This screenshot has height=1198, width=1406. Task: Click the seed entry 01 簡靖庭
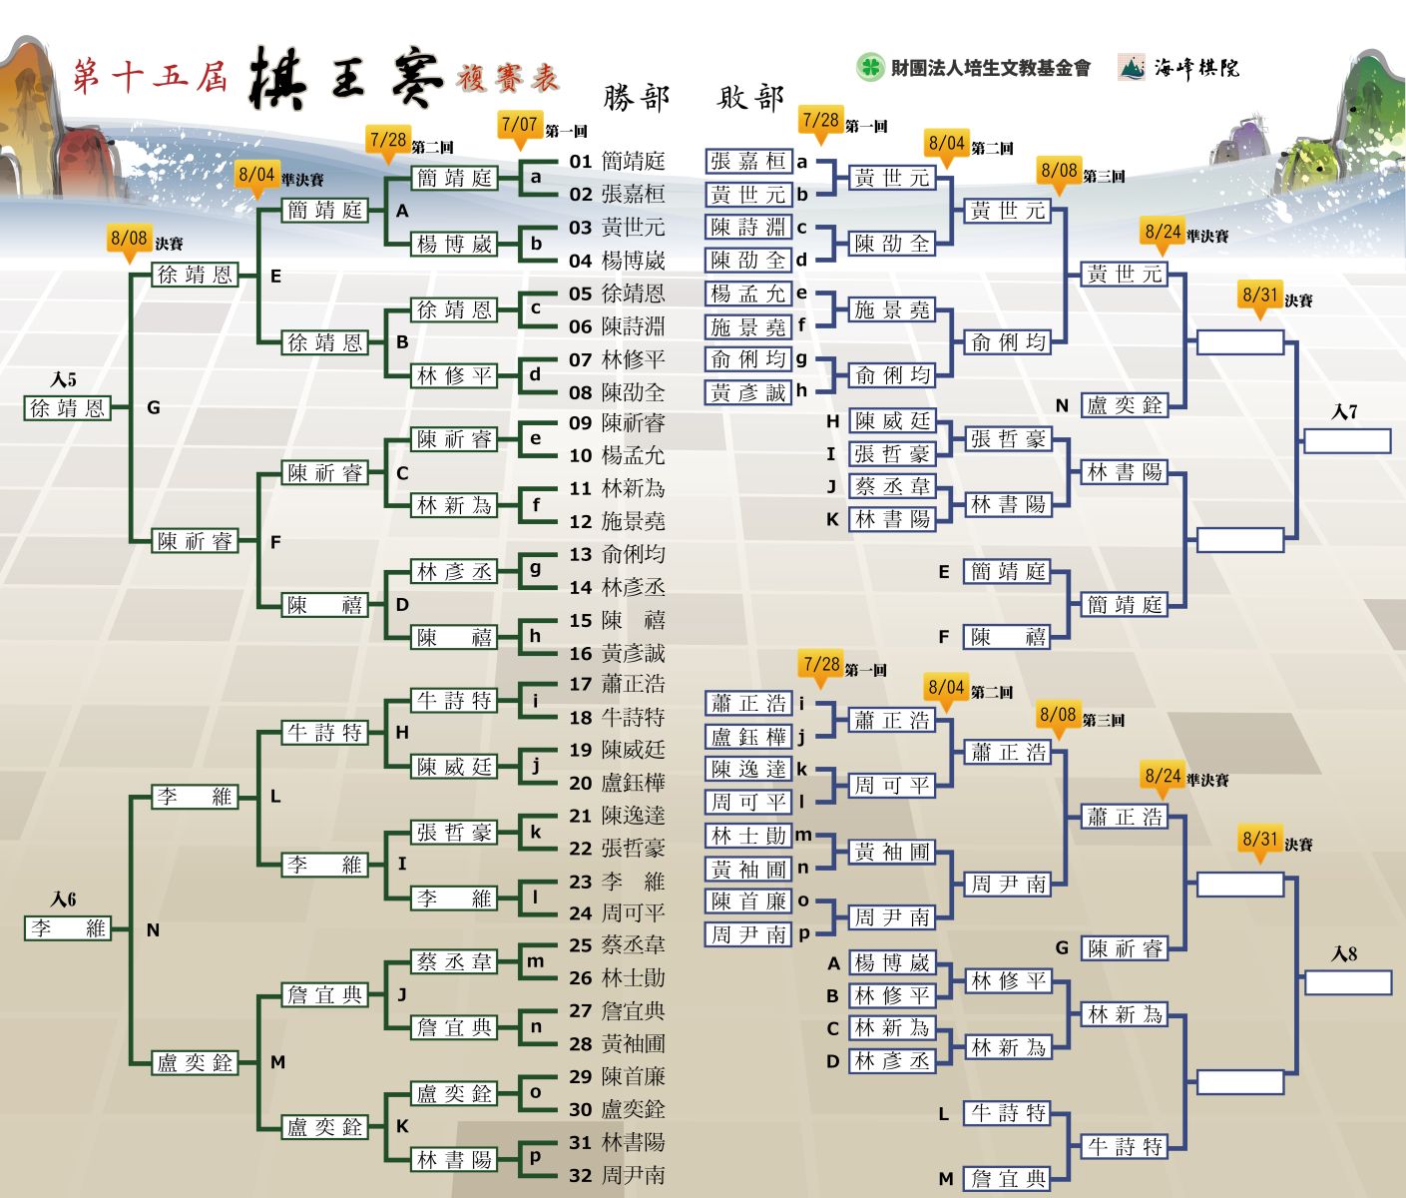[617, 162]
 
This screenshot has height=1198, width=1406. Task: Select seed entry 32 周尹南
[617, 1175]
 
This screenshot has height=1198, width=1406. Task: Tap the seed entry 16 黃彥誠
[617, 654]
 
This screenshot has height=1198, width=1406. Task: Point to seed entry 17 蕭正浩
[617, 684]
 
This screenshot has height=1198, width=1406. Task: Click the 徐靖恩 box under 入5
[67, 407]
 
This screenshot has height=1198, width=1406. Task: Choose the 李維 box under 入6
[67, 927]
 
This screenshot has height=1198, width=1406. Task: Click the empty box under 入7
[1347, 441]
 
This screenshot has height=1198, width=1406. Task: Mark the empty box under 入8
[1347, 983]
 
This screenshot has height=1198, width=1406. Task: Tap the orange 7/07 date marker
[520, 128]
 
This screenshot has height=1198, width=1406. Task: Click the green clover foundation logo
[870, 68]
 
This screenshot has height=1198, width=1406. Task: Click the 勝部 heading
[637, 98]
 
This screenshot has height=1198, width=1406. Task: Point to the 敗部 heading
[750, 98]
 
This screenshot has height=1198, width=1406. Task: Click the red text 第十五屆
[150, 76]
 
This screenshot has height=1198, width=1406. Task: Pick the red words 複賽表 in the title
[508, 78]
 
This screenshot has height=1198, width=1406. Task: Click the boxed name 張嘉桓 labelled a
[748, 162]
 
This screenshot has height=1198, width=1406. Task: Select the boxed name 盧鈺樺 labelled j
[748, 737]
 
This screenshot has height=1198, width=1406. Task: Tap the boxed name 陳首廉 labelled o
[748, 901]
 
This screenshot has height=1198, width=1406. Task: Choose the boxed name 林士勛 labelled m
[748, 836]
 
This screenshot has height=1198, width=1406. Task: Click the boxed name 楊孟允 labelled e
[748, 294]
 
